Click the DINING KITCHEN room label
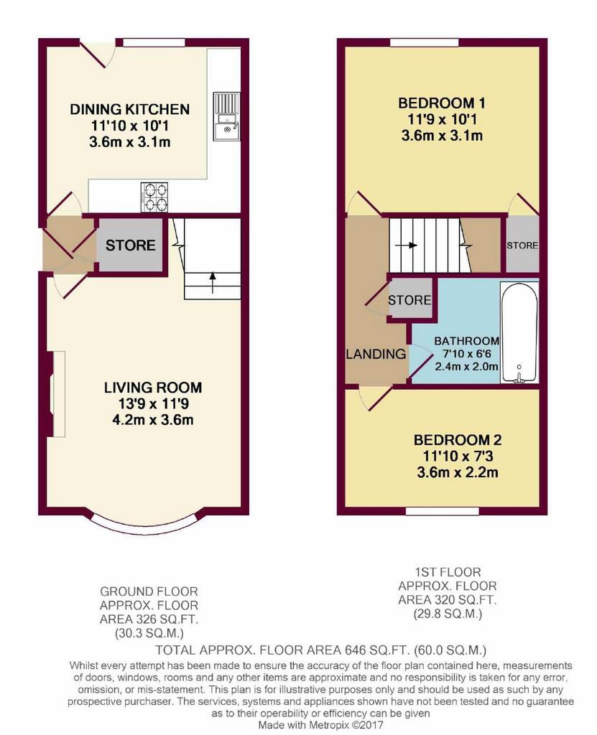coord(129,109)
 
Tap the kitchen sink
coord(226,116)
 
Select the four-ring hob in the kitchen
coord(154,197)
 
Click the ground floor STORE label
coord(131,245)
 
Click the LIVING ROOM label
coord(153,388)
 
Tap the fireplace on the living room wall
coord(55,394)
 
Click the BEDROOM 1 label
coord(442,103)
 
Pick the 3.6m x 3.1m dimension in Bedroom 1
coord(442,136)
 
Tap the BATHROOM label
coord(466,341)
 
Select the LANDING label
coord(376,354)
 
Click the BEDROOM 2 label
coord(457,440)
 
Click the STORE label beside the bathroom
coord(409,300)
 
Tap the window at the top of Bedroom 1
coord(425,42)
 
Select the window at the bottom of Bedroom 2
coord(442,511)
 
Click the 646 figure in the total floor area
coord(356,650)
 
